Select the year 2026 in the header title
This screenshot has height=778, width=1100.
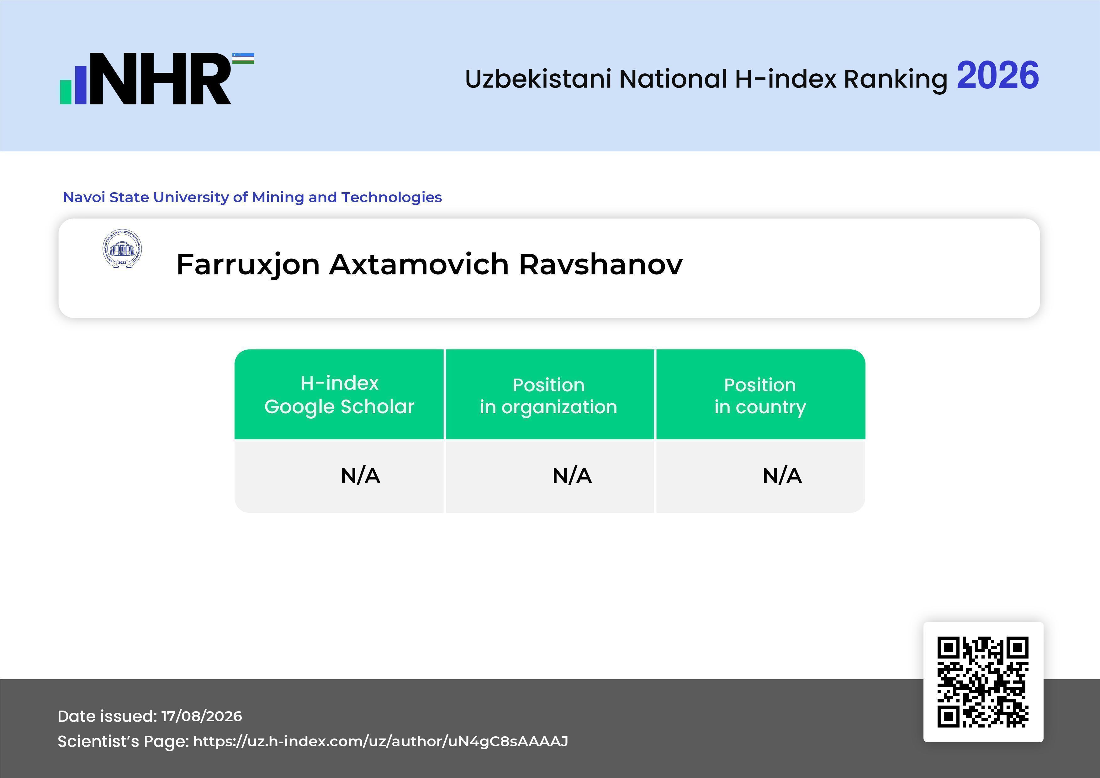point(997,76)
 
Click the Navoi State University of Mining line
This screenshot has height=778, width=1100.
point(252,197)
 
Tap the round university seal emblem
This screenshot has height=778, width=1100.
point(122,249)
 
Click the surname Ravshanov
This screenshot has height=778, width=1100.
point(601,264)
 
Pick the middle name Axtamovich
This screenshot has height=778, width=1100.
point(419,264)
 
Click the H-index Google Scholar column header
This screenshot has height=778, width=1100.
point(339,395)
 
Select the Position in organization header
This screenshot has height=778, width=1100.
point(548,396)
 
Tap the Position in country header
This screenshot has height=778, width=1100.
point(760,396)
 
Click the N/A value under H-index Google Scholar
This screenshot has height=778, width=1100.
point(360,476)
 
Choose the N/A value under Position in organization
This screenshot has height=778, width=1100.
point(572,476)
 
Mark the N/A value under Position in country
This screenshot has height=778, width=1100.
point(782,476)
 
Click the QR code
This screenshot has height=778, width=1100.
point(983,682)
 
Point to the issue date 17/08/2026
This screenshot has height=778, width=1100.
point(202,716)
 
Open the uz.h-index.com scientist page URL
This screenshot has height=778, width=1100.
point(380,742)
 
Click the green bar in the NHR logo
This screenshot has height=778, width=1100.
point(66,92)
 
